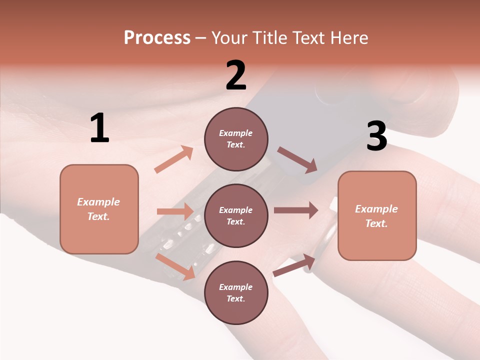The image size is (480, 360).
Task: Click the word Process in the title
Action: coord(157,38)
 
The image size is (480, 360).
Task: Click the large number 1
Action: coord(99,128)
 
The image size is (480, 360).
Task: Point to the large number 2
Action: coord(236,75)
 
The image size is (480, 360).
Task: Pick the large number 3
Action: coord(376,136)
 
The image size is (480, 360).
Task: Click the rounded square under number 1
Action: coord(99,209)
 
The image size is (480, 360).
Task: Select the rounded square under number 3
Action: coord(377,215)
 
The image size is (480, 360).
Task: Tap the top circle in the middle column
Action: coord(236,139)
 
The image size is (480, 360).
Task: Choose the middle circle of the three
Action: coord(236,215)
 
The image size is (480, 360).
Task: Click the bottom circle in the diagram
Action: coord(236,292)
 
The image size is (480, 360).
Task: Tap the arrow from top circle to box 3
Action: coord(297,160)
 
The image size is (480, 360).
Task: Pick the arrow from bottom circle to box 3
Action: coord(294,265)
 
